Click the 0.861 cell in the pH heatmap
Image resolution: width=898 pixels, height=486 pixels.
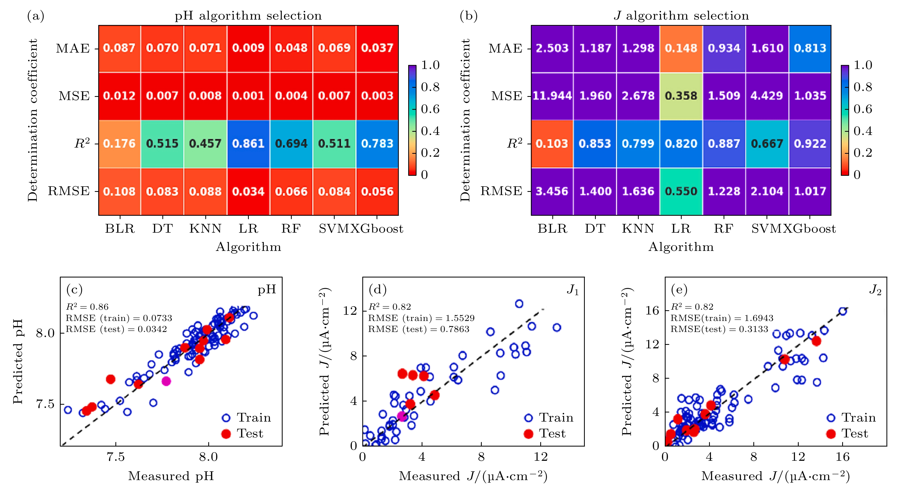click(248, 144)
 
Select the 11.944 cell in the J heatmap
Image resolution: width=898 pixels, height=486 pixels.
click(552, 96)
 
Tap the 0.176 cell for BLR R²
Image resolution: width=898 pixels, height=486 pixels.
click(119, 144)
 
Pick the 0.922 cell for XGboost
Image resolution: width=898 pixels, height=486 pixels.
click(810, 144)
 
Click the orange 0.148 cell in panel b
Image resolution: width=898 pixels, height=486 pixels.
click(681, 48)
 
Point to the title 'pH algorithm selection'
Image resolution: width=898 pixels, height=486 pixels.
click(248, 16)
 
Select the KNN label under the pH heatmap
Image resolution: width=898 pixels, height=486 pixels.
click(205, 229)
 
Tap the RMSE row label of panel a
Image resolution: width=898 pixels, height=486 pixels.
click(69, 191)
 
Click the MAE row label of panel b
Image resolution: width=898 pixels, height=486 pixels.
click(505, 48)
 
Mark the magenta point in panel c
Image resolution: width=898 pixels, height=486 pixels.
click(166, 381)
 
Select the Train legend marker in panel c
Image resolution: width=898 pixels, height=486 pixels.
click(226, 418)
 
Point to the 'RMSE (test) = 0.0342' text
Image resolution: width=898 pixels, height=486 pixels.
click(116, 329)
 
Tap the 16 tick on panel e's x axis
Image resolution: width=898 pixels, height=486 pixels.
click(842, 457)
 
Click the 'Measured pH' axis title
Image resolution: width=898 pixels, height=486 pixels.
click(171, 476)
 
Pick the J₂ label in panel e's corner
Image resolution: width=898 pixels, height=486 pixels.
click(875, 290)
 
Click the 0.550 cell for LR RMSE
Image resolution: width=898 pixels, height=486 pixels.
click(681, 191)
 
